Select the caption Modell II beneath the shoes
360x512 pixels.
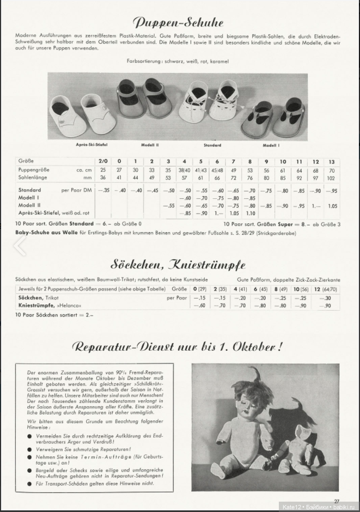(x=149, y=145)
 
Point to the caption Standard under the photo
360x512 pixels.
(x=212, y=145)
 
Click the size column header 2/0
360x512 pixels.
(x=103, y=162)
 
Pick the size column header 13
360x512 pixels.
(x=332, y=162)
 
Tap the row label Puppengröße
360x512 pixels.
(x=32, y=170)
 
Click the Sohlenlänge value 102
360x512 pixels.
(x=332, y=178)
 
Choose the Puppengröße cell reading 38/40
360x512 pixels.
(x=185, y=170)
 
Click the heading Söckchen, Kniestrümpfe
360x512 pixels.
(x=178, y=265)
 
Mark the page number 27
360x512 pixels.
(x=337, y=501)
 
